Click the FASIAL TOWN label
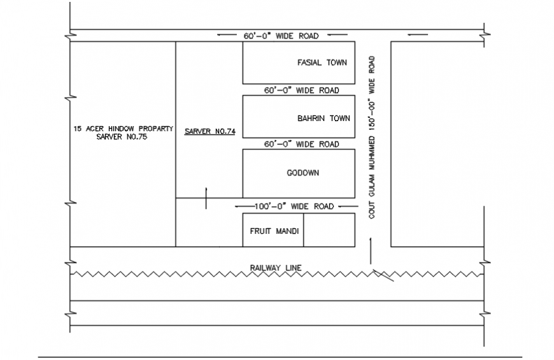click(322, 62)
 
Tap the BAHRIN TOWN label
click(323, 118)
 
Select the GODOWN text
click(303, 173)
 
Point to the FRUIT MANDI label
click(274, 231)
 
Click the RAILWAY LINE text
click(276, 268)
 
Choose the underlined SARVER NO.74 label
click(210, 131)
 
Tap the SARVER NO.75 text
click(122, 136)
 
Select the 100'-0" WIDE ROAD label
click(294, 206)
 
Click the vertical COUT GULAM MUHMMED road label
click(372, 137)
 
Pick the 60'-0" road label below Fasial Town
click(301, 90)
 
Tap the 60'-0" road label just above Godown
click(301, 145)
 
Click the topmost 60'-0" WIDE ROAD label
click(280, 36)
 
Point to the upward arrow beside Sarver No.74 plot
click(205, 198)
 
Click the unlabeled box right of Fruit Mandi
click(329, 230)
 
